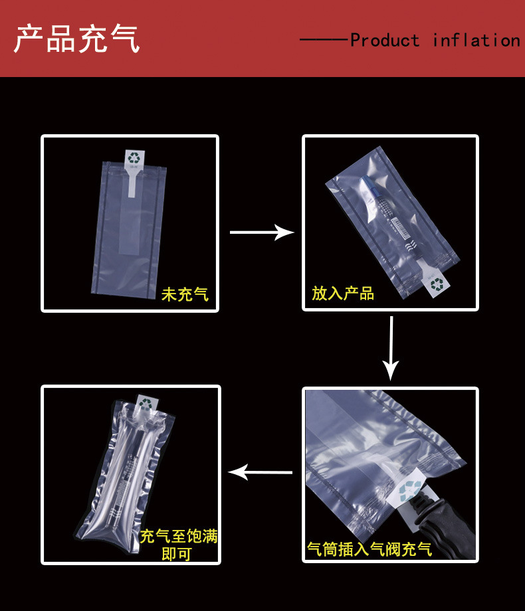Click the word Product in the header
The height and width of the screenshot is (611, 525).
click(385, 41)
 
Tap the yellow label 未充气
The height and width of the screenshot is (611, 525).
click(185, 294)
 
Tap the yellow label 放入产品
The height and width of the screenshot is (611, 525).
click(343, 293)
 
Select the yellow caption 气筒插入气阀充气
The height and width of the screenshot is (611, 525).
click(369, 549)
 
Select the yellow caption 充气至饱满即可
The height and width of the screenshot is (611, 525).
click(178, 544)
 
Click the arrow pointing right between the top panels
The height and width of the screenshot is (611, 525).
click(261, 232)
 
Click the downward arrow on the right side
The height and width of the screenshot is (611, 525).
click(391, 348)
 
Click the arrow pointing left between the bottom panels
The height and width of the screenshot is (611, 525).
click(260, 472)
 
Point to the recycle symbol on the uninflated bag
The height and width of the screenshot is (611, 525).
click(135, 158)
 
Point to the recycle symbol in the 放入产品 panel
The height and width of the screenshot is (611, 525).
click(437, 284)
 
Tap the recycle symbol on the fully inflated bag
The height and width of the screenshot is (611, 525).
click(146, 402)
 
